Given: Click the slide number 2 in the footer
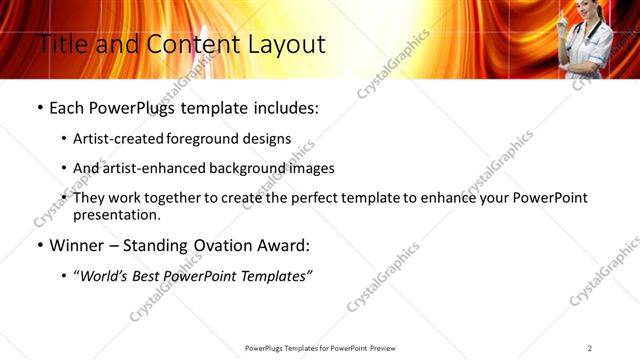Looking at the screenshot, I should [590, 348].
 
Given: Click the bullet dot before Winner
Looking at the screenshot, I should [39, 244].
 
